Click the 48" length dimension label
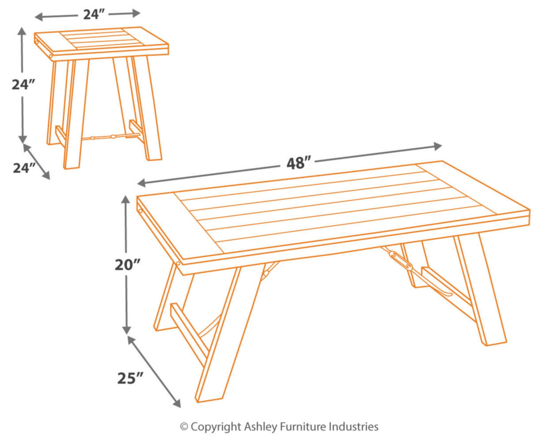click(298, 163)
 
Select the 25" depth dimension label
click(130, 377)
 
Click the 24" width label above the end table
click(94, 15)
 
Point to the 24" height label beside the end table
click(23, 85)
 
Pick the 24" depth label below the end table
click(24, 168)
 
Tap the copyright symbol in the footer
click(184, 427)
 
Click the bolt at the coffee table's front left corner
click(178, 263)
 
